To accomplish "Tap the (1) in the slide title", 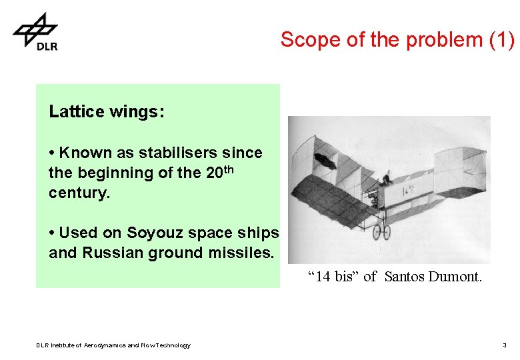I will click(501, 40).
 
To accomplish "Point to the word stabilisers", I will click(173, 153).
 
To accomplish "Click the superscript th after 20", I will click(229, 169).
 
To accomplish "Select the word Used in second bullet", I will click(75, 233).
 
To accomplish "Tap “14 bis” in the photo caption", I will click(333, 276).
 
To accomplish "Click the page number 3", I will click(505, 345).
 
